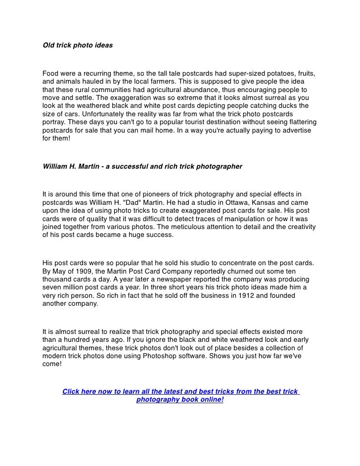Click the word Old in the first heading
pyautogui.click(x=48, y=46)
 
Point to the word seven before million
pyautogui.click(x=53, y=287)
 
